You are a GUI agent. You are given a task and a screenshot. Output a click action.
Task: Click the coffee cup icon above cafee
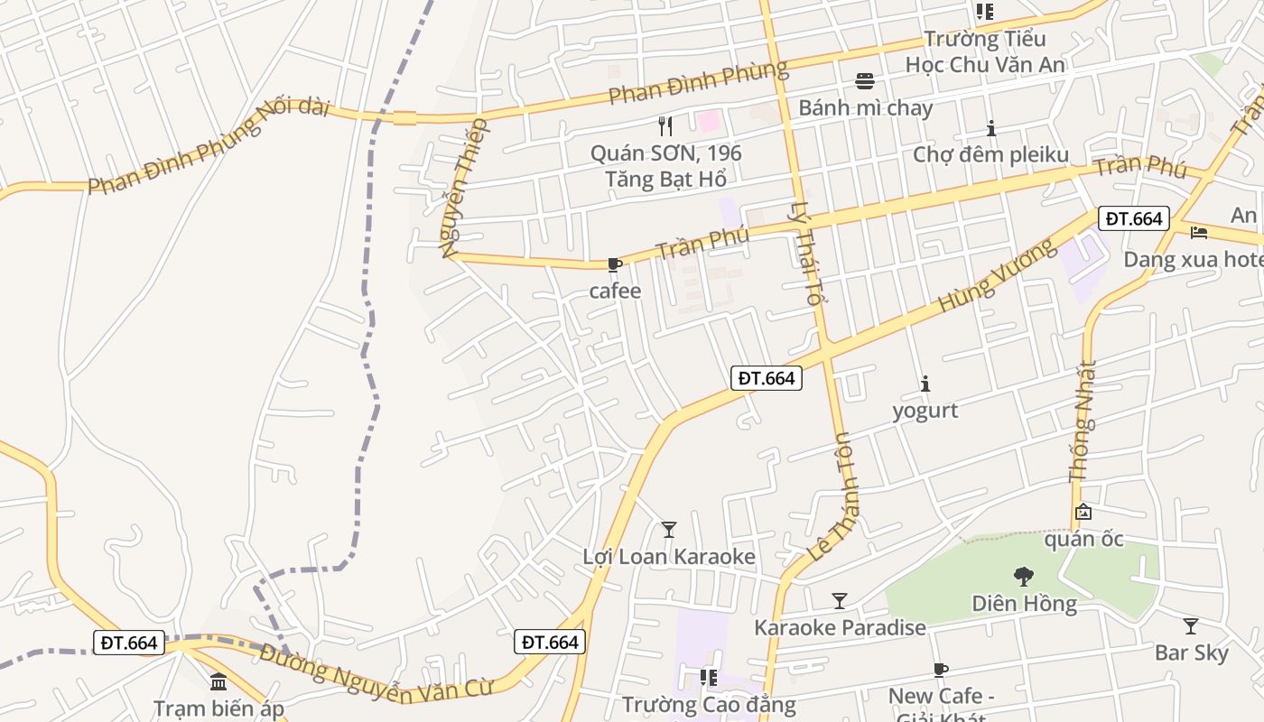615,264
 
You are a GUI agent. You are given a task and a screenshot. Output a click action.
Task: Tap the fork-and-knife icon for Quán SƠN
665,125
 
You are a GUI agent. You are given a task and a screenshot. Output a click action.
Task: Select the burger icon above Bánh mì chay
865,80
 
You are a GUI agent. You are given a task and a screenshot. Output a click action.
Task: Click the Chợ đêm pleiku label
990,154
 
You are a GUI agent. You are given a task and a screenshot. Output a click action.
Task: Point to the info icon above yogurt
925,384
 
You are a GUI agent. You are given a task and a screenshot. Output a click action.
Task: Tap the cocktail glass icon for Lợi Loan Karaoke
668,529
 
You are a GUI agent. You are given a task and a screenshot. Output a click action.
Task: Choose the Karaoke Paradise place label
840,627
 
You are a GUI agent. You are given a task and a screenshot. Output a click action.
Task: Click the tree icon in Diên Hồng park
1024,576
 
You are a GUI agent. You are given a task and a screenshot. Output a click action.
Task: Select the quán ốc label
1083,540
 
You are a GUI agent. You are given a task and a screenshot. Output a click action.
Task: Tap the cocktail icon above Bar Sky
1191,625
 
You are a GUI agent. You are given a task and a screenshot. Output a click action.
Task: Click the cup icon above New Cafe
941,670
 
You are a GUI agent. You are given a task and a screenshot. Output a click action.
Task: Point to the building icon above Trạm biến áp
218,681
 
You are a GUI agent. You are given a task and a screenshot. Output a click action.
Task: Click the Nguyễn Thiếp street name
465,188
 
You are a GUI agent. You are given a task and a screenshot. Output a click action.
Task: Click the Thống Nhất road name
1083,421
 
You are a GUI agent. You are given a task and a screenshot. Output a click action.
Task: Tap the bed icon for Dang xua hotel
1199,232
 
